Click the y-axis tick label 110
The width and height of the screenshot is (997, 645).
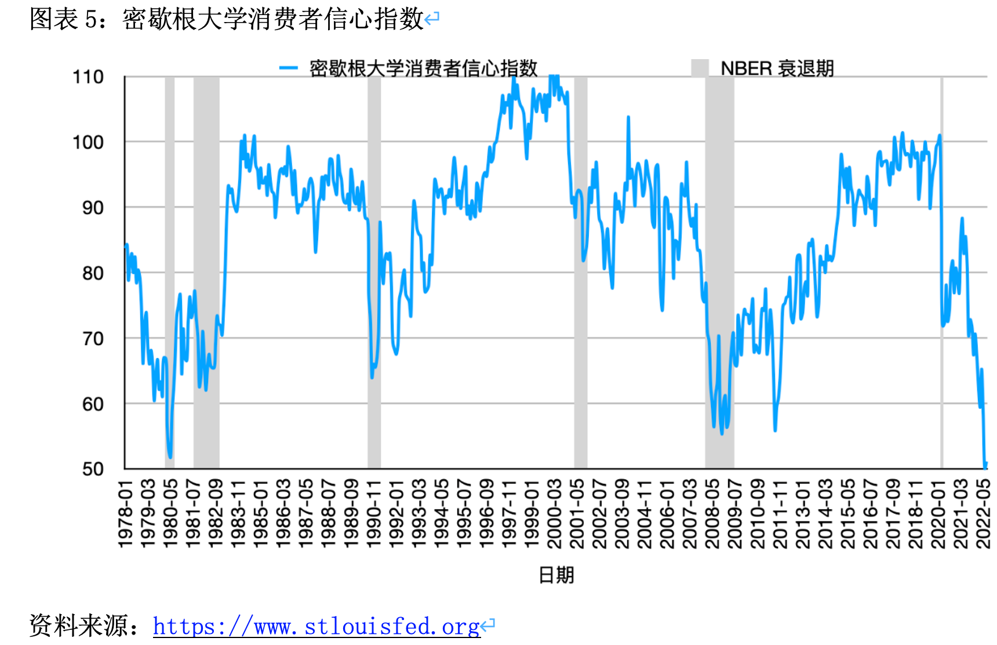88,77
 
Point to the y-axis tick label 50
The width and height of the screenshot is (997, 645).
93,469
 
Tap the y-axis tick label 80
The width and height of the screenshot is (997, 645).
93,273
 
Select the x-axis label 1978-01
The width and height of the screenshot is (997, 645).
125,514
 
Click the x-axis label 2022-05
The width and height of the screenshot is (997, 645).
984,514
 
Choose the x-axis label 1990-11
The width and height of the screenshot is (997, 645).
374,514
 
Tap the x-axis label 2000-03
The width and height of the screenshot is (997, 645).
554,514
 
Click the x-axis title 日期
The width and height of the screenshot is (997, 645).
556,575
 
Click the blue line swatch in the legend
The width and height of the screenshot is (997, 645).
288,68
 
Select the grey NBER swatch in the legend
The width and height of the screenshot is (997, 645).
700,68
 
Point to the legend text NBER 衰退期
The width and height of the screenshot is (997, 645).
777,68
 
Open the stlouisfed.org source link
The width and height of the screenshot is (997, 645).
316,626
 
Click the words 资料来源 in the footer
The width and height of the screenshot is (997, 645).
79,625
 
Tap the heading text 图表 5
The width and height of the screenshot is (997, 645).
64,19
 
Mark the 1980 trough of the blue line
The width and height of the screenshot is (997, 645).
170,457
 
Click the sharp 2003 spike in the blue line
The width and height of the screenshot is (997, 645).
628,118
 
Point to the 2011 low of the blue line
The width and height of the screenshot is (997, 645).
775,430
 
